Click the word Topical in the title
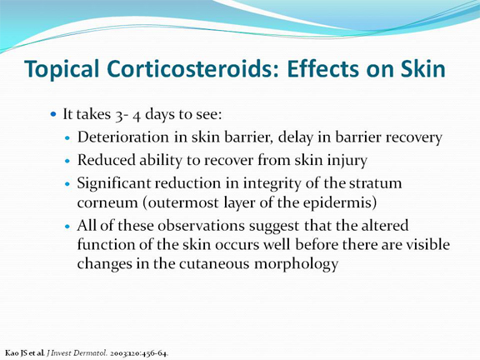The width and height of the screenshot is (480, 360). [x=62, y=69]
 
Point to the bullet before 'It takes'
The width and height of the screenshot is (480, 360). [x=53, y=114]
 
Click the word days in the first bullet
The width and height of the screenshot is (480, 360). [x=159, y=115]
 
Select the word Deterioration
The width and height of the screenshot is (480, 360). [x=123, y=137]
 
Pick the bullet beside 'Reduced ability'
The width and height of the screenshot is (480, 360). [x=67, y=160]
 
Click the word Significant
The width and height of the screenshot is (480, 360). [x=113, y=183]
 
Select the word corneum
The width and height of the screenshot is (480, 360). [x=107, y=203]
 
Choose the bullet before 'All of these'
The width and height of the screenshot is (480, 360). [x=67, y=227]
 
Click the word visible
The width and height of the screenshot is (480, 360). [x=430, y=245]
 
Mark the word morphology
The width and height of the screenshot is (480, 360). [x=296, y=264]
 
